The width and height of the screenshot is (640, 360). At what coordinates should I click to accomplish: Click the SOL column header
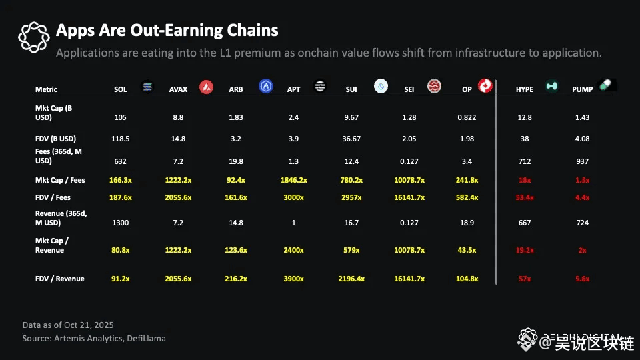(120, 89)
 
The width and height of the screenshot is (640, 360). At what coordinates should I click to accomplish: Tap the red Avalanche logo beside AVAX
(206, 87)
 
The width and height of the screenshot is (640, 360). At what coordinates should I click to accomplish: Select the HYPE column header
(524, 89)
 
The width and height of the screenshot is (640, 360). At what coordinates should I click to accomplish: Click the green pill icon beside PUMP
(606, 85)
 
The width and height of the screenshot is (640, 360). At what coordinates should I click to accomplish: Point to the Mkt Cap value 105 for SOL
(120, 117)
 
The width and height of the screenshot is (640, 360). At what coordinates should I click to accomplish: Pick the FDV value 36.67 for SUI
(351, 139)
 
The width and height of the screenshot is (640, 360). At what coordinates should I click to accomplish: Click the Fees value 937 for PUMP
(582, 161)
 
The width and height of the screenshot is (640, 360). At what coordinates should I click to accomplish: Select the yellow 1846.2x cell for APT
(293, 180)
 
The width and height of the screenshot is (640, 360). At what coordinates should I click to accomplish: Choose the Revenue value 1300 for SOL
(120, 223)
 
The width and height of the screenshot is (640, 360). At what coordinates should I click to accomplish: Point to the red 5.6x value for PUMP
(582, 279)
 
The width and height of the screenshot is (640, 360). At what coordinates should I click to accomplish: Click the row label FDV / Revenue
(59, 279)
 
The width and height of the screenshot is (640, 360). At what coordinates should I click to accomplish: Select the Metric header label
(46, 89)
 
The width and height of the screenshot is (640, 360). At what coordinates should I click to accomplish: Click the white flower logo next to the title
(33, 37)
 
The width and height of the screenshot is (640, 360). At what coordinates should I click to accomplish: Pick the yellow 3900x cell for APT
(293, 279)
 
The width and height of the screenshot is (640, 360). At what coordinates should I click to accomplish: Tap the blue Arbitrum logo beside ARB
(266, 87)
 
